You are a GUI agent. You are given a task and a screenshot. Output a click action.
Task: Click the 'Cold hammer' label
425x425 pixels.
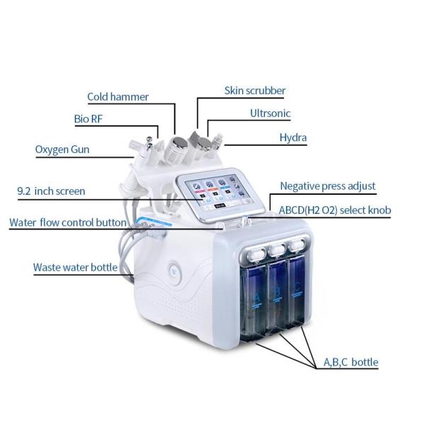click(119, 96)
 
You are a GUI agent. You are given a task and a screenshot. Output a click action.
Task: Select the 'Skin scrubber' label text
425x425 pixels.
click(255, 91)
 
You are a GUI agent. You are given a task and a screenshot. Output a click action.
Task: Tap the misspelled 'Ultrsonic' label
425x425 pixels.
click(270, 113)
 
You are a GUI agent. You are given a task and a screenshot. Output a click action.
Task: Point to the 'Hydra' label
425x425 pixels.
click(293, 137)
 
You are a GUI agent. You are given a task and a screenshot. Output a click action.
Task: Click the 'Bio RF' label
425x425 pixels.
click(89, 119)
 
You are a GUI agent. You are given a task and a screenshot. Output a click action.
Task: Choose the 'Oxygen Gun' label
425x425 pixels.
click(62, 149)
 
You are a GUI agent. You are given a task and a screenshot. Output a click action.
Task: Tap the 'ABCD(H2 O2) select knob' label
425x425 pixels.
click(334, 210)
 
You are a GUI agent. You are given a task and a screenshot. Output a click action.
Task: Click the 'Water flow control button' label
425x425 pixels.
click(68, 222)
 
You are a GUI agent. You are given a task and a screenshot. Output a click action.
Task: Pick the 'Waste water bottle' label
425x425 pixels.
click(75, 268)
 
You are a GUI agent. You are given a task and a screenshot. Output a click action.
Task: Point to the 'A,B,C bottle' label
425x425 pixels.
click(351, 363)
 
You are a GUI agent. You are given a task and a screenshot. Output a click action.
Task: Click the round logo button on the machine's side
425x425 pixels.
click(175, 270)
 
